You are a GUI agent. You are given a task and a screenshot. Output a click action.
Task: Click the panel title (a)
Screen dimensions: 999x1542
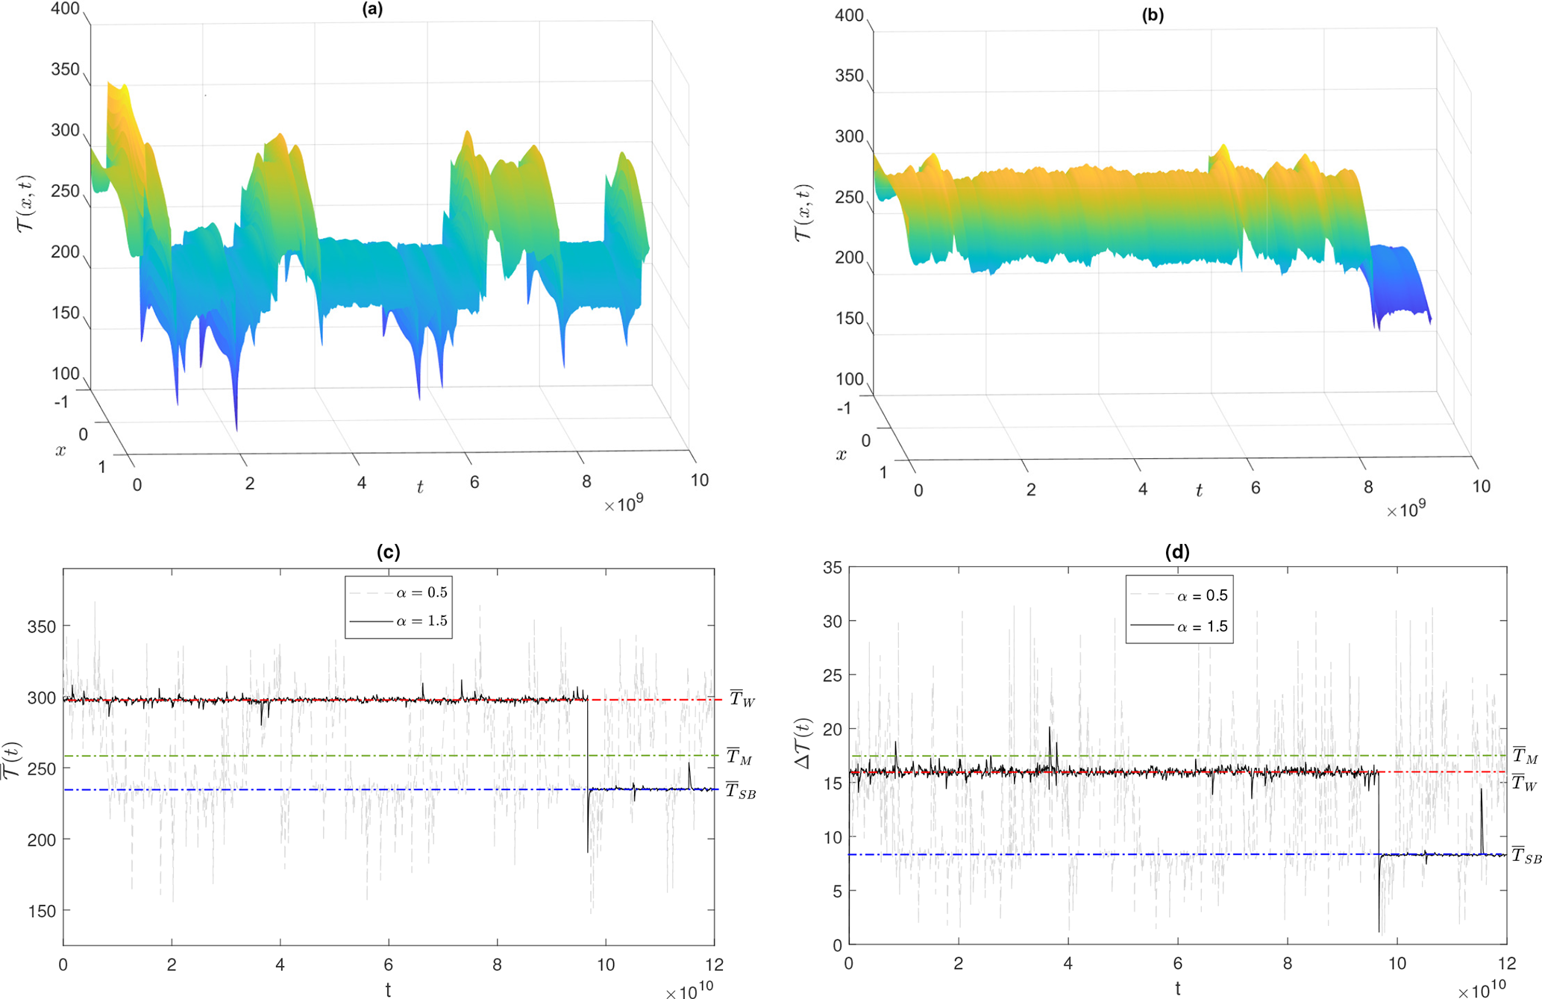point(372,10)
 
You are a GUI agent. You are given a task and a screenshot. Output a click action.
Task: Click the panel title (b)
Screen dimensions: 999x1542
point(1153,15)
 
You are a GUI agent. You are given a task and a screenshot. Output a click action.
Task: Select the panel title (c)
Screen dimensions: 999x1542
point(389,552)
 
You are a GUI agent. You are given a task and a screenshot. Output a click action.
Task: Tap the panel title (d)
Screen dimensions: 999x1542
point(1177,552)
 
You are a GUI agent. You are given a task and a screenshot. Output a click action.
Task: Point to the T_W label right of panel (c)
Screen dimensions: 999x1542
point(742,699)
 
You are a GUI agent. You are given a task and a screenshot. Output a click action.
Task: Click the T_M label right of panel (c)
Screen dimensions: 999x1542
point(739,757)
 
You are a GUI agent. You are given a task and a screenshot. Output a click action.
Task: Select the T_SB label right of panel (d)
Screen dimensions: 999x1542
point(1526,856)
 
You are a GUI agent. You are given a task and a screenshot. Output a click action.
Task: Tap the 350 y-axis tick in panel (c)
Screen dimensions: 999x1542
point(42,627)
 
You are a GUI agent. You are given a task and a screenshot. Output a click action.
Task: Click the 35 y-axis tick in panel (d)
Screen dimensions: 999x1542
point(833,569)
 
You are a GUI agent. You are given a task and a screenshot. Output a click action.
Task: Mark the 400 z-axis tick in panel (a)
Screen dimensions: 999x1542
point(65,10)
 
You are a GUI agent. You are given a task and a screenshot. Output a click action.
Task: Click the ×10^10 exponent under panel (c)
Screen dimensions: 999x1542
point(689,992)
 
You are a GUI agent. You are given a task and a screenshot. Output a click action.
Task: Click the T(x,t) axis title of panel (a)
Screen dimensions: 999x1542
point(26,203)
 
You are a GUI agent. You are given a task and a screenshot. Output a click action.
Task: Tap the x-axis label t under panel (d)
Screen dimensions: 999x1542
point(1177,989)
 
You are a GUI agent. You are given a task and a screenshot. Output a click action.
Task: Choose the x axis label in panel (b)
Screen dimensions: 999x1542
point(841,454)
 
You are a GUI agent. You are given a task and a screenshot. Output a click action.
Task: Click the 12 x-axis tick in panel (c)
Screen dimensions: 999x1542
point(714,965)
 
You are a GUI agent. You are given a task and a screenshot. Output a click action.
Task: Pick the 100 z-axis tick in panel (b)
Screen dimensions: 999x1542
point(849,379)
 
